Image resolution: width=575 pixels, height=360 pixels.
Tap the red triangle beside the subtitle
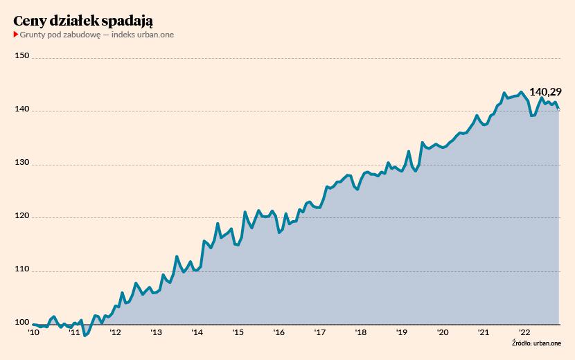pyautogui.click(x=15, y=35)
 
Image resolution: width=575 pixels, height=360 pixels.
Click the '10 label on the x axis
pyautogui.click(x=33, y=333)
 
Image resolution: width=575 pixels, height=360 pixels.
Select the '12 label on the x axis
pyautogui.click(x=115, y=333)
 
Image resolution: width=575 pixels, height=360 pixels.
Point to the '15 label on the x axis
pyautogui.click(x=238, y=333)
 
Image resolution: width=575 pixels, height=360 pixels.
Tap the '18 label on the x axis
pyautogui.click(x=360, y=333)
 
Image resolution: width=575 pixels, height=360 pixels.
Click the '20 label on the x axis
pyautogui.click(x=442, y=333)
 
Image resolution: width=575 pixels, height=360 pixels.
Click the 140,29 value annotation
pyautogui.click(x=545, y=91)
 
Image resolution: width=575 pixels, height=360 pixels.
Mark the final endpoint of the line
pyautogui.click(x=559, y=109)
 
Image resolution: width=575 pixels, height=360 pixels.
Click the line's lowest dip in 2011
pyautogui.click(x=85, y=336)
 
